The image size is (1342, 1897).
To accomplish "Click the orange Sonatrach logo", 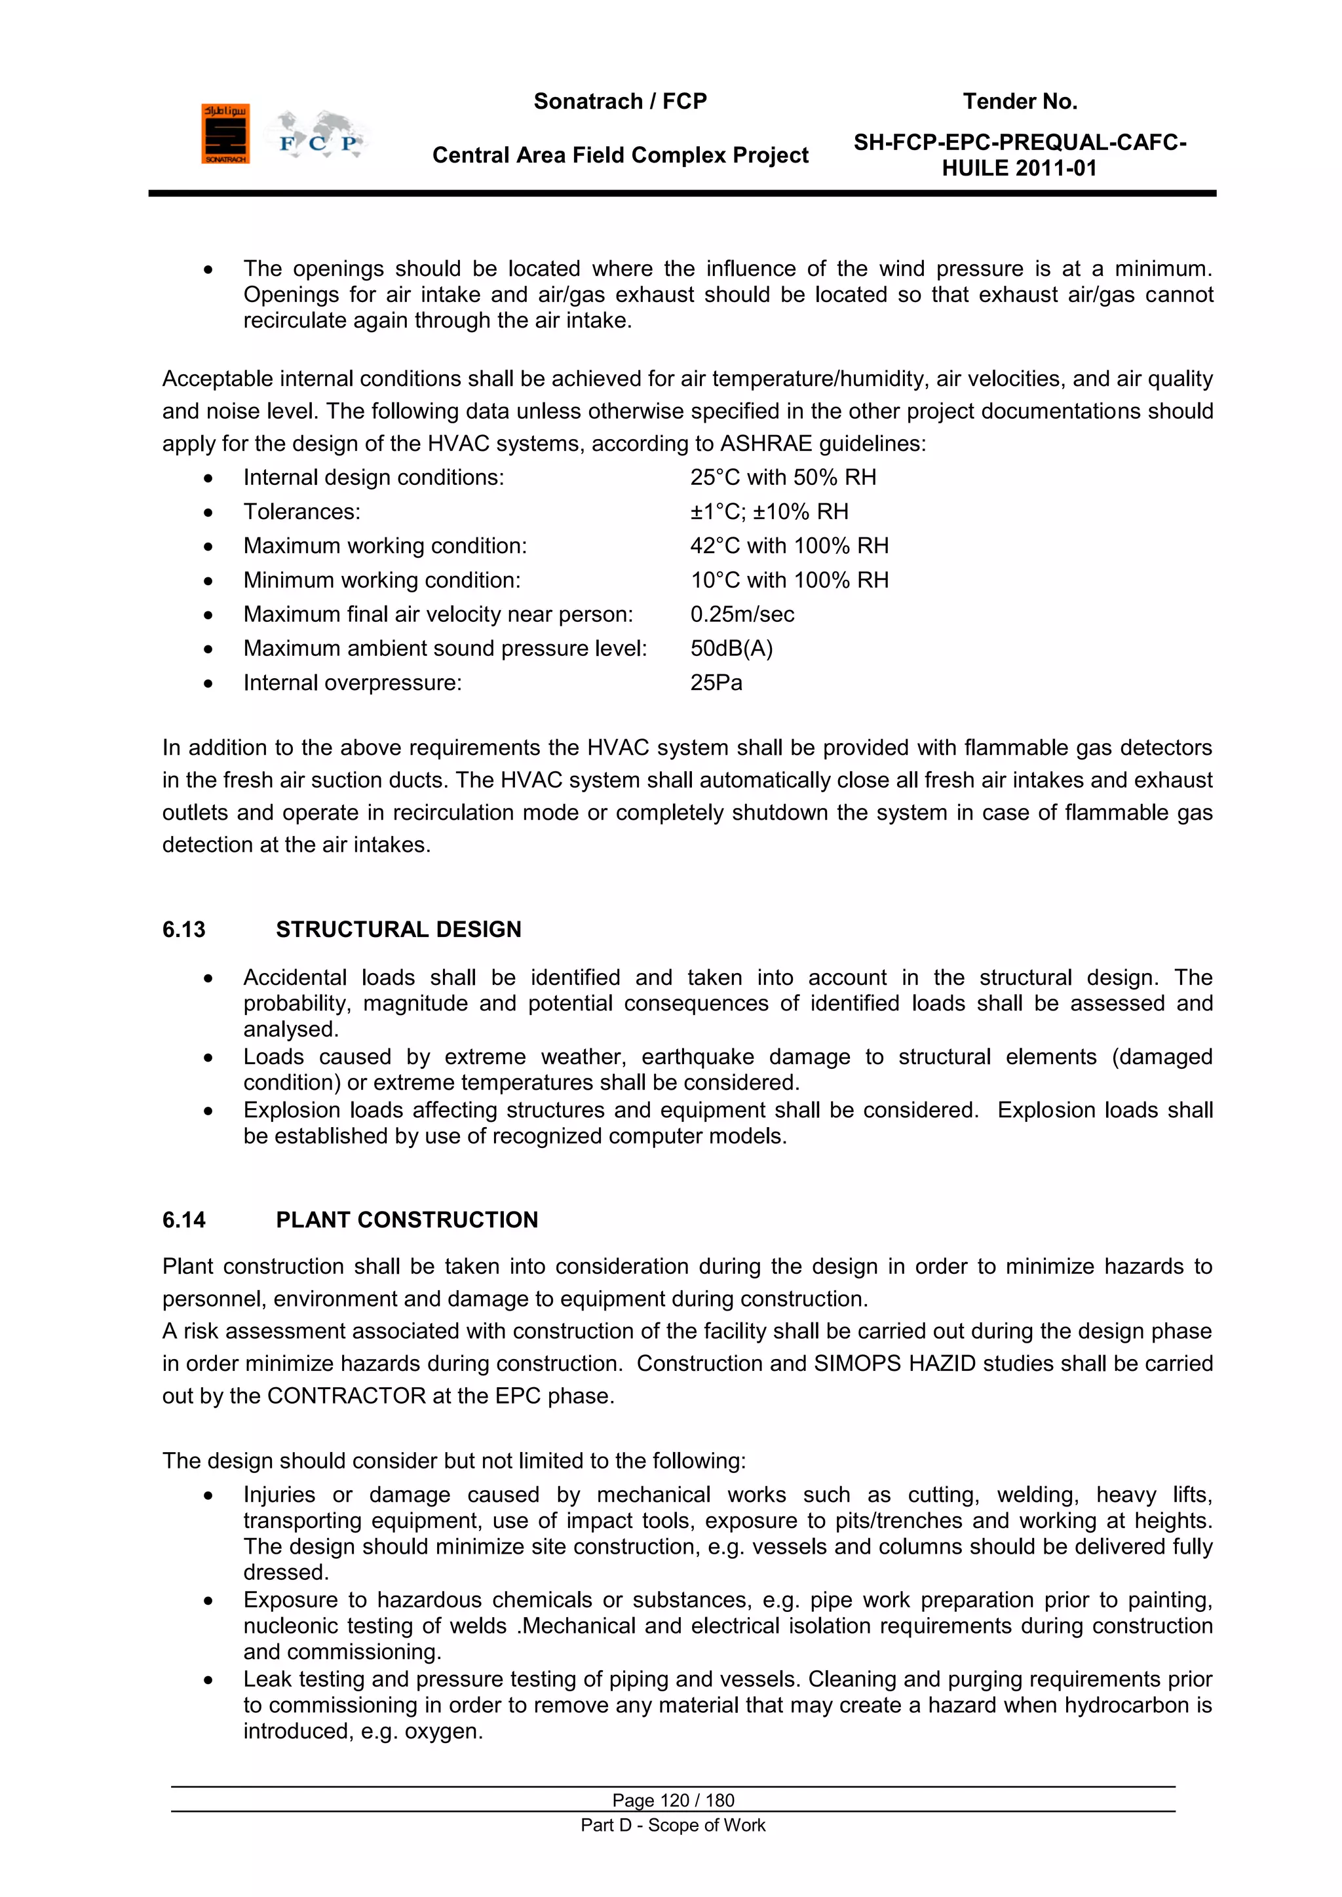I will [225, 134].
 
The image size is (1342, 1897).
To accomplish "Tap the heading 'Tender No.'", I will [1020, 102].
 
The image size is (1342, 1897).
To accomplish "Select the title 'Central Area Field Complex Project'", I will [620, 155].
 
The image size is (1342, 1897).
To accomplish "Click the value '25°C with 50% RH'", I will [782, 478].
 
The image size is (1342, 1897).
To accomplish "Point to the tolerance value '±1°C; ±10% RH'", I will [769, 512].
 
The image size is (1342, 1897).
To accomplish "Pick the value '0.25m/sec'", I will [742, 615].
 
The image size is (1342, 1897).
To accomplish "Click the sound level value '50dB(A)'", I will [731, 649].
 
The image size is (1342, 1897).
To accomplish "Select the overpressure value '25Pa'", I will [716, 683].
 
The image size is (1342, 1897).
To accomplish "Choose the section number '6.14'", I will [183, 1219].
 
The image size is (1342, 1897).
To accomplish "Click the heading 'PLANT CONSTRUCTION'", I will [406, 1219].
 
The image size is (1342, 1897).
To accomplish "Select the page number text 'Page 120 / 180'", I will [673, 1800].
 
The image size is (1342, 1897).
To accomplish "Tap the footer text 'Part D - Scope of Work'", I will [673, 1825].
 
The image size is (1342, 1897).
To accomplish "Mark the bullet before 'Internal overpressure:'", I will [208, 684].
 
